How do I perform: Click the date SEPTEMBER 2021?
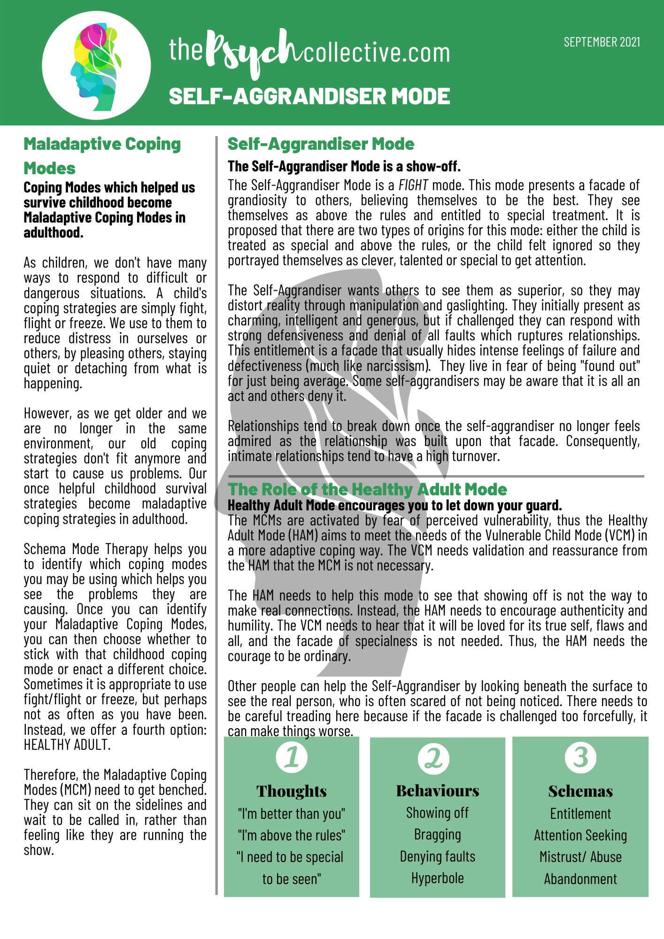click(x=602, y=42)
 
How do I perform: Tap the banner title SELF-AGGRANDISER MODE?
click(x=309, y=96)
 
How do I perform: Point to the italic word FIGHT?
click(x=413, y=185)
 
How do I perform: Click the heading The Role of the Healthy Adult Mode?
click(x=367, y=489)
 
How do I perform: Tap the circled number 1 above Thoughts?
click(x=292, y=757)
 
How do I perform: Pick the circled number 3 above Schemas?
click(x=580, y=757)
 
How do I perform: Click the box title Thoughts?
click(x=292, y=791)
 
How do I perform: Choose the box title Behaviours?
click(x=438, y=791)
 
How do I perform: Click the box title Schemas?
click(x=580, y=791)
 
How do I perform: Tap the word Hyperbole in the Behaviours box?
click(x=438, y=878)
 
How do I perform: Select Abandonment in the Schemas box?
click(x=580, y=879)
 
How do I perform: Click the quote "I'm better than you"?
click(x=292, y=813)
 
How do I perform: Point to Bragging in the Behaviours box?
click(x=438, y=835)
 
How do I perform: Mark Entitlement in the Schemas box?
click(x=580, y=814)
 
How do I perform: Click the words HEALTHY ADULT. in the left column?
click(x=67, y=745)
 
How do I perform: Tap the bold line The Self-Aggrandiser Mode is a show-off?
click(x=344, y=166)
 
